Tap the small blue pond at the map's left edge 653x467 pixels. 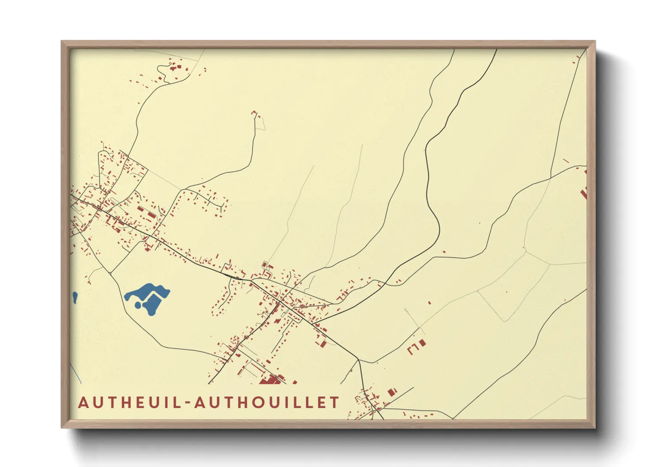click(x=75, y=298)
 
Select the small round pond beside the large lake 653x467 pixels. click(x=138, y=304)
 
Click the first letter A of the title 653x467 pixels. click(x=83, y=403)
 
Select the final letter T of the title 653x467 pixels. click(x=335, y=403)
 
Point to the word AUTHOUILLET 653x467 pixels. click(x=266, y=403)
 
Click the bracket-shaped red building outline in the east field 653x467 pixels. click(x=413, y=350)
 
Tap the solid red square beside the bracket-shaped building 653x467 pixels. click(x=423, y=343)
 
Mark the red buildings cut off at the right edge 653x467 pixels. click(x=584, y=192)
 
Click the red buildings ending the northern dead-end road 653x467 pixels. click(x=255, y=114)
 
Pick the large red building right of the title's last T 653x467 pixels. click(x=391, y=392)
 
